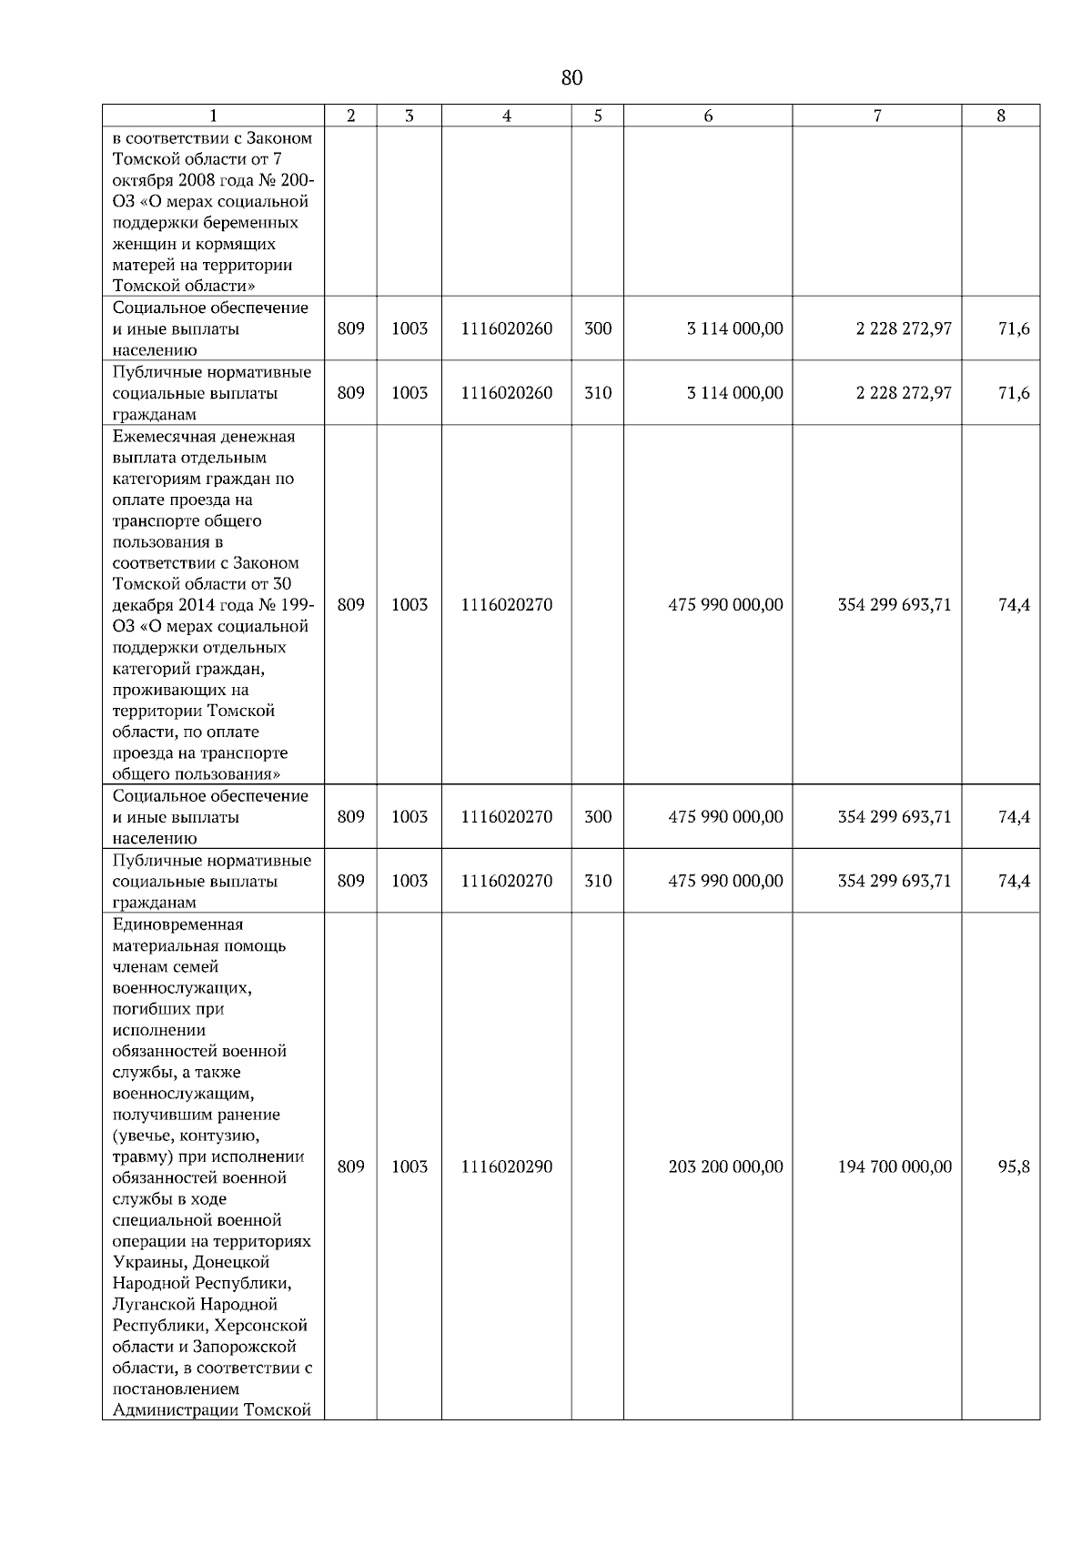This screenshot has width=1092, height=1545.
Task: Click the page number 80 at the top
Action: tap(571, 78)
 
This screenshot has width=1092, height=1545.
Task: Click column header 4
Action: tap(506, 116)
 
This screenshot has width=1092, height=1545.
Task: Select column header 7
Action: tap(876, 116)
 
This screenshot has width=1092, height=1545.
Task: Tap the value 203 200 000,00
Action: tap(725, 1166)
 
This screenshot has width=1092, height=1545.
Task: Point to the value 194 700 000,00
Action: tap(895, 1166)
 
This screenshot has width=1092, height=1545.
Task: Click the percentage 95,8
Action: tap(1014, 1166)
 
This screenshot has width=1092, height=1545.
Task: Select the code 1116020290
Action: tap(506, 1166)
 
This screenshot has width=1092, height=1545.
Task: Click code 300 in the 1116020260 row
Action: tap(597, 328)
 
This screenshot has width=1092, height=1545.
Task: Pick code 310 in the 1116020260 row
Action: tap(597, 393)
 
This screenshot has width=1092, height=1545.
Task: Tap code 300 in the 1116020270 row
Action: tap(597, 817)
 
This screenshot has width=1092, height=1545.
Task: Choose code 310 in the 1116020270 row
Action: tap(597, 881)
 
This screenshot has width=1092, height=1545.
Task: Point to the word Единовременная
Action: tap(178, 924)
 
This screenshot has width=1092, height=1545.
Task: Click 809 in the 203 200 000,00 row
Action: tap(350, 1166)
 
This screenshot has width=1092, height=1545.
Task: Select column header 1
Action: tap(213, 116)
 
